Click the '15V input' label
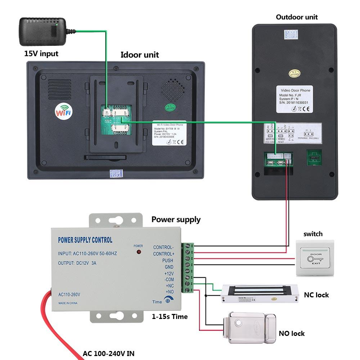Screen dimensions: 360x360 41,54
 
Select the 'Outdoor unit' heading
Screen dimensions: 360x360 297,17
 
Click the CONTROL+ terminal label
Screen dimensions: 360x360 163,254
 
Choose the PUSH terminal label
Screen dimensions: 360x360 167,260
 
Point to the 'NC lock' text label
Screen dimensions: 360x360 316,295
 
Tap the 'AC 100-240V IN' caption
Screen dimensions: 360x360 108,353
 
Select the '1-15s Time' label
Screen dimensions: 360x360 170,316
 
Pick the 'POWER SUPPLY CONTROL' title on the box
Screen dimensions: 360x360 85,240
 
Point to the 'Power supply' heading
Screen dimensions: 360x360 176,219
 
